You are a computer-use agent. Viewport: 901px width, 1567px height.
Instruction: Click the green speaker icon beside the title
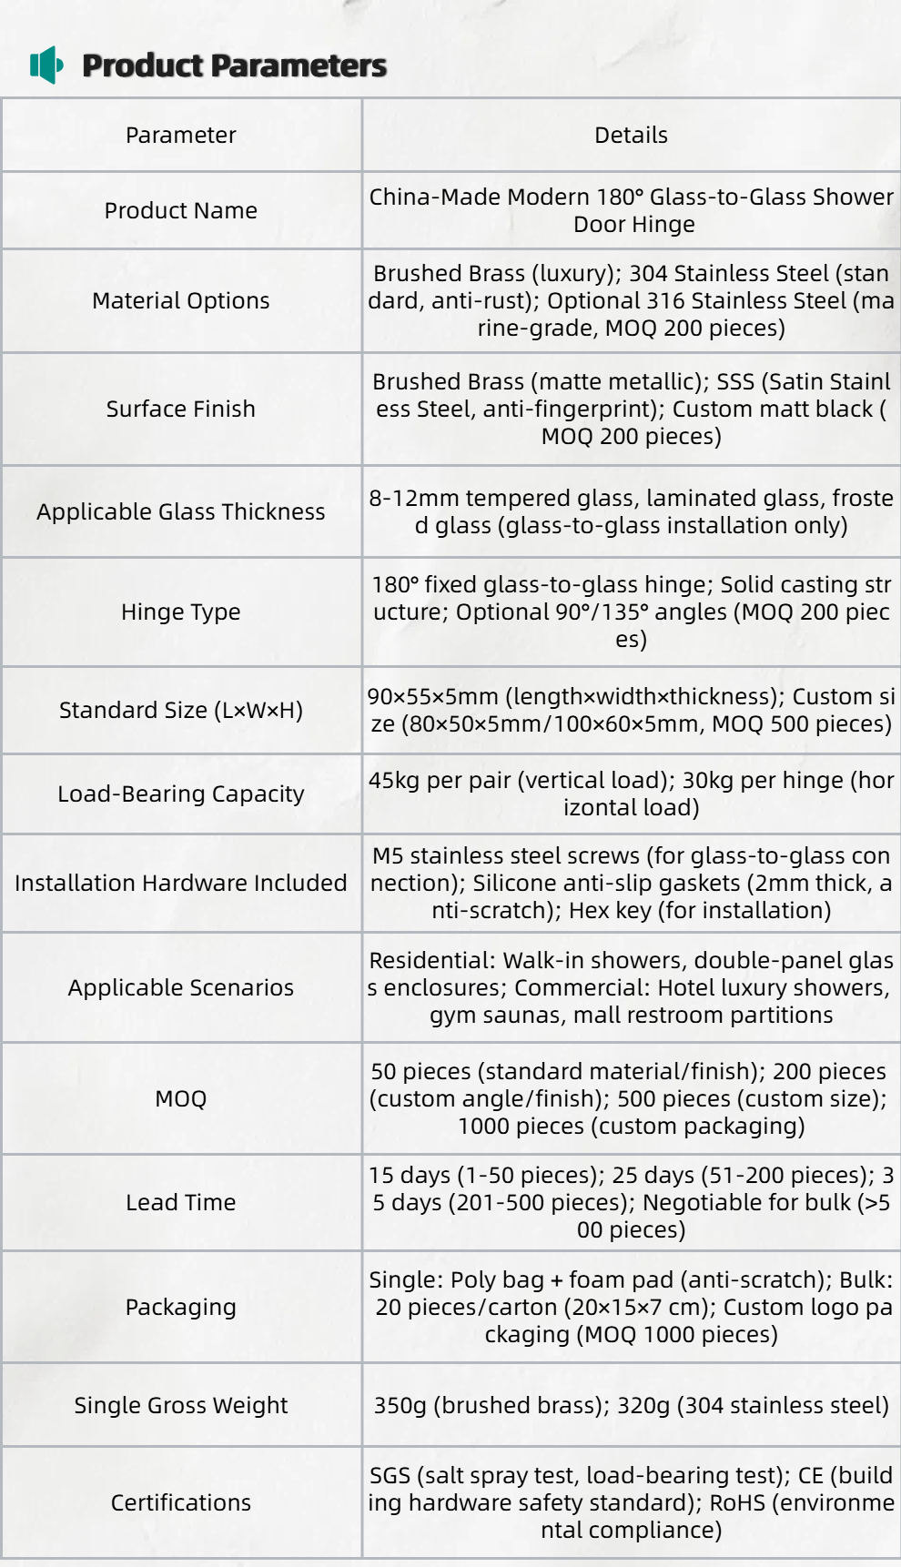[46, 65]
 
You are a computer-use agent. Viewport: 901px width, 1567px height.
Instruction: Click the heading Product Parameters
[234, 66]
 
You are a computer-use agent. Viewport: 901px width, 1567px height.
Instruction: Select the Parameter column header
[180, 135]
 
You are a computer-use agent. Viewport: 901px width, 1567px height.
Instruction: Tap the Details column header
[631, 135]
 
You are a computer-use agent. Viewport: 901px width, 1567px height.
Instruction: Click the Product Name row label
[180, 210]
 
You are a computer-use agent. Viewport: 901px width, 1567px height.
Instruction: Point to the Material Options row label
[180, 300]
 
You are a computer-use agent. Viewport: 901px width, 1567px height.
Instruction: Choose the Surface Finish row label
[180, 409]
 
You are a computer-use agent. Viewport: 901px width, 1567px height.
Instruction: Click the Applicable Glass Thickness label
[180, 511]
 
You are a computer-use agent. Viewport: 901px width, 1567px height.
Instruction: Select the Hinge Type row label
[180, 612]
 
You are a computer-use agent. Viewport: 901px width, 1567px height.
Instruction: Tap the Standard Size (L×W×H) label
[180, 710]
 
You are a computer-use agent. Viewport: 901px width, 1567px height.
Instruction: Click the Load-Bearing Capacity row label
[180, 794]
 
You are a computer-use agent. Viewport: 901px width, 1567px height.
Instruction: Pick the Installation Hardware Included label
[180, 883]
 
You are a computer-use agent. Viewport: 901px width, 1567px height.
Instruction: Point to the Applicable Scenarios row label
[180, 987]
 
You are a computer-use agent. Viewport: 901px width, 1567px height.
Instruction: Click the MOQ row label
[180, 1098]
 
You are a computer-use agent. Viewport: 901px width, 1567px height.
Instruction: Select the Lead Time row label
[180, 1202]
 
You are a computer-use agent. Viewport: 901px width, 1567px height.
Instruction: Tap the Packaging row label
[180, 1307]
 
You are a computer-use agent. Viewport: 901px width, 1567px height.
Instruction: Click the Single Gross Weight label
[180, 1405]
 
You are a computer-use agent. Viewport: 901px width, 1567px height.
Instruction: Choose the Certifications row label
[180, 1502]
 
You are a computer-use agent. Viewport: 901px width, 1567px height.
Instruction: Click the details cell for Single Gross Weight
[631, 1405]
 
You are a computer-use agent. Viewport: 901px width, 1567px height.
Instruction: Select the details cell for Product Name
[631, 210]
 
